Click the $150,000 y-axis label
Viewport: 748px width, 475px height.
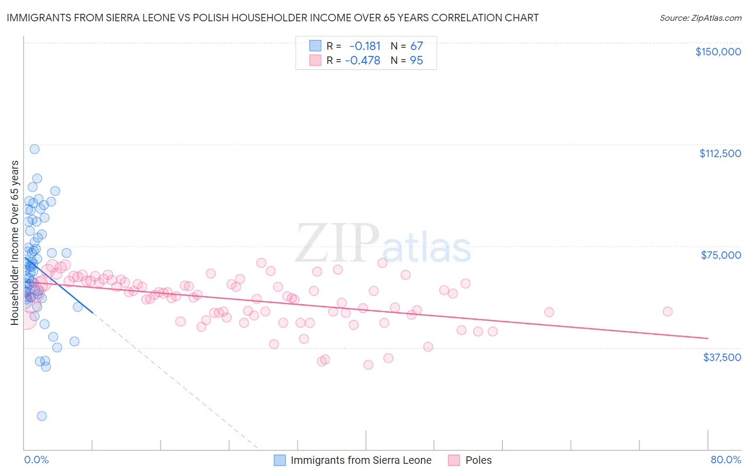coord(718,52)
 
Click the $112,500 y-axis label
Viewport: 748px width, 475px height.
coord(720,153)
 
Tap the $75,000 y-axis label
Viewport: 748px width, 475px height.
coord(721,255)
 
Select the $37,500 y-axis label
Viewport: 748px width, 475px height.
coord(722,357)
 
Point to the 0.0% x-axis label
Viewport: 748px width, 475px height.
coord(36,460)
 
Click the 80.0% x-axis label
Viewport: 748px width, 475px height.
coord(726,460)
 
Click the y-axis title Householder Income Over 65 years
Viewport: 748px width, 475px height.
coord(14,243)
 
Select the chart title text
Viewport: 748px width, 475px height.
coord(272,18)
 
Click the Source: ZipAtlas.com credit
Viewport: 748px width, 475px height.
coord(700,18)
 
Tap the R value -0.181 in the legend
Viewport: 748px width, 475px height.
coord(365,46)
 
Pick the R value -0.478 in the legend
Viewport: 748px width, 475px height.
coord(363,61)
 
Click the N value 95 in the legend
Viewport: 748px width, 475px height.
coord(417,61)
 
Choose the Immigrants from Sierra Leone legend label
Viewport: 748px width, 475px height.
coord(361,460)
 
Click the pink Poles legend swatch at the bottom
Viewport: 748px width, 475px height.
coord(454,460)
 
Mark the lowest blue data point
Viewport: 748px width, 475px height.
coord(41,416)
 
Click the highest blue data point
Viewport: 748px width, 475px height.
coord(35,149)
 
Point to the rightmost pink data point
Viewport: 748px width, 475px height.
coord(667,312)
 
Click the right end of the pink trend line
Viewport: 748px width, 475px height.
coord(707,338)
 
